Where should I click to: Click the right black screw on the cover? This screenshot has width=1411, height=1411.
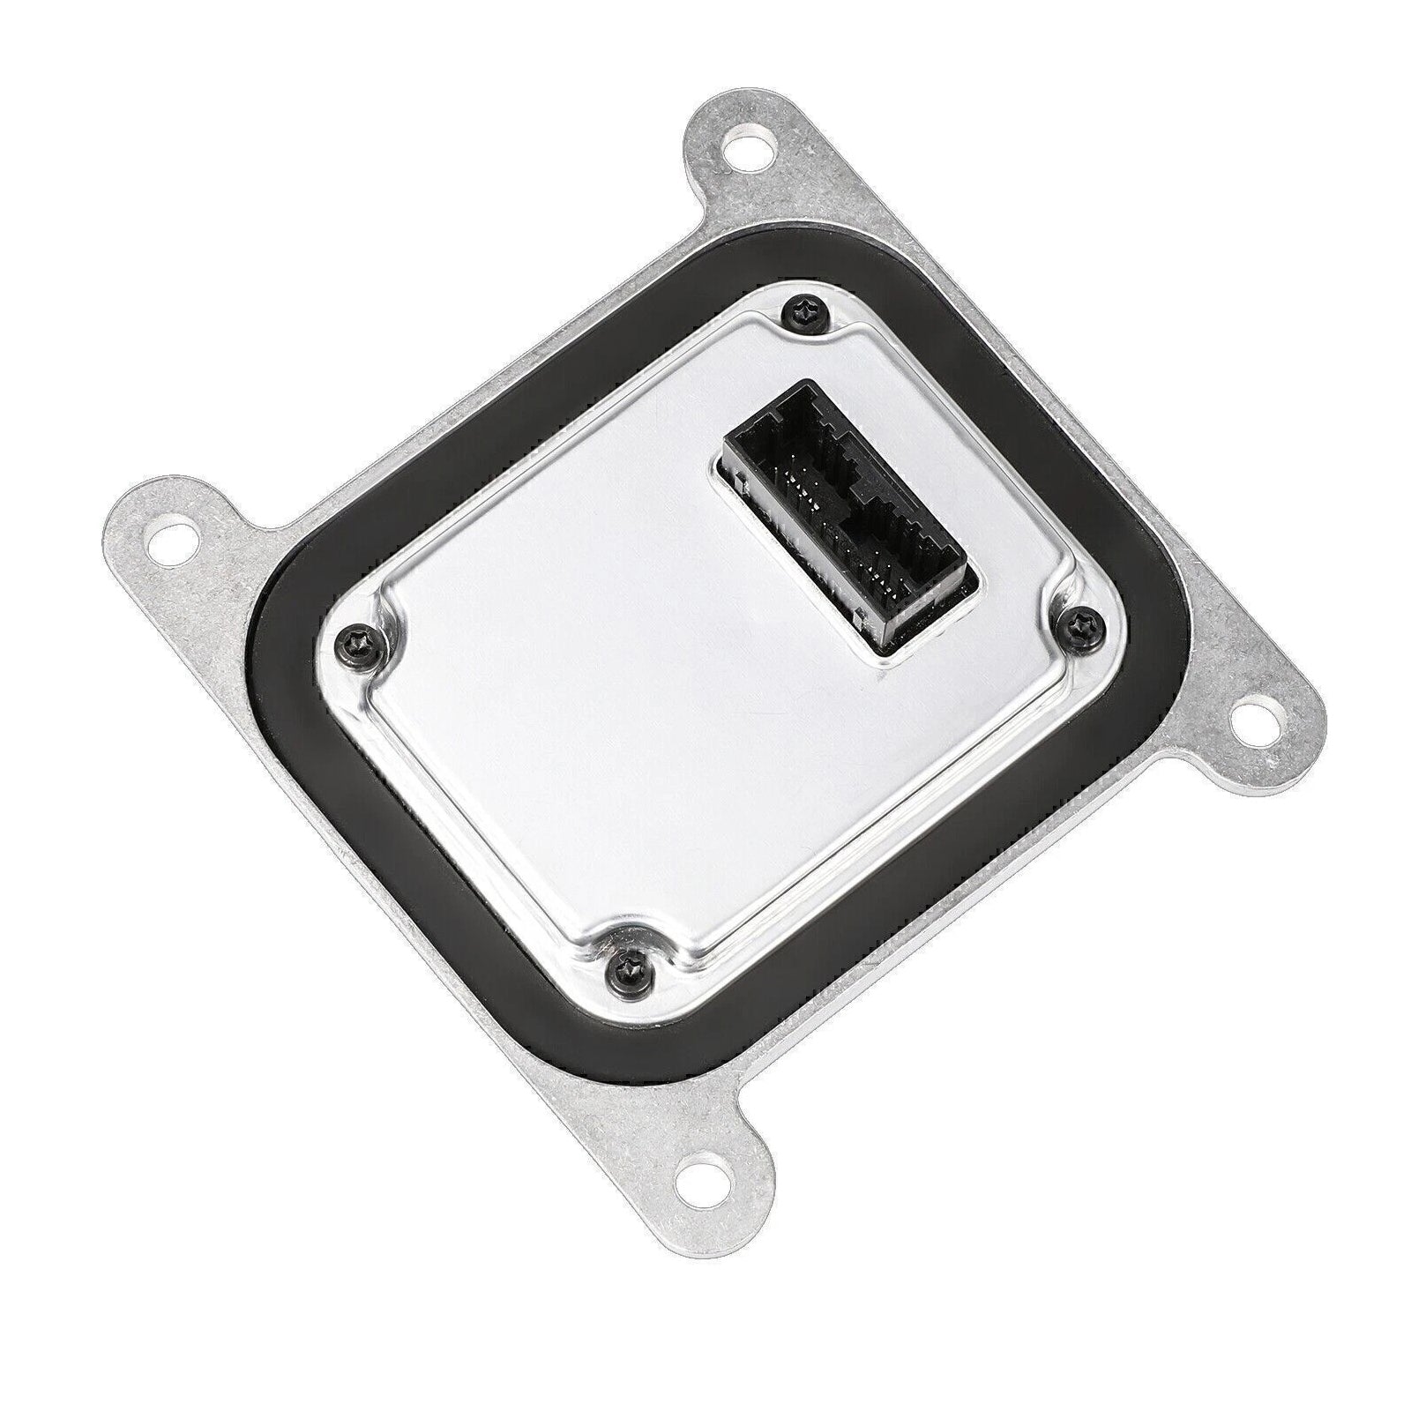click(x=1077, y=623)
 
